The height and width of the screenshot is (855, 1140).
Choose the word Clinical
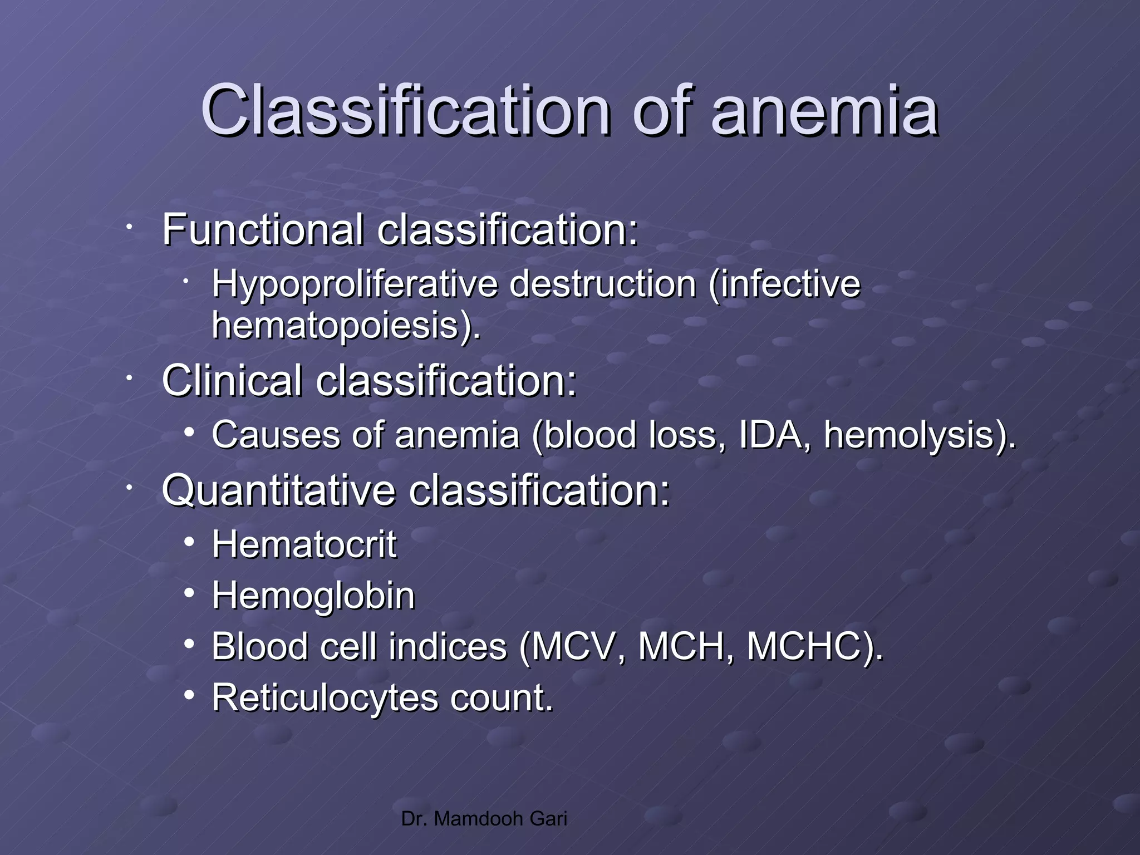(232, 381)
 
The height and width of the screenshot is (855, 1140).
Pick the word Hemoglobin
(313, 596)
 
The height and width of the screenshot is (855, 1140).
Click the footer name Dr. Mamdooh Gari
(484, 819)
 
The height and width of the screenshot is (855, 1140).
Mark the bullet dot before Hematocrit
(190, 541)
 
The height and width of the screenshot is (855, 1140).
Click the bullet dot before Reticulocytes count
(190, 695)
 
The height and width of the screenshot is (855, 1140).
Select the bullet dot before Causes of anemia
(190, 432)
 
